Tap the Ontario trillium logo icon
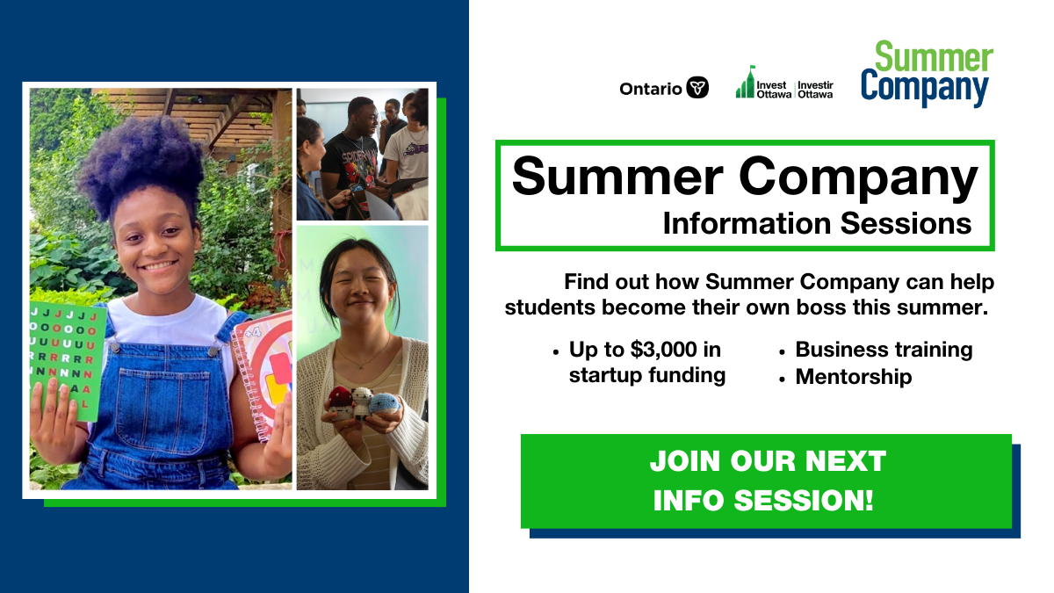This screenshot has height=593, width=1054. (x=697, y=88)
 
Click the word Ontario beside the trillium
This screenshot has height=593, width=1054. (x=650, y=89)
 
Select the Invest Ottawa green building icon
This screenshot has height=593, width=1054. (x=746, y=83)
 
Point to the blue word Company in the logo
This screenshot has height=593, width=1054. (x=925, y=88)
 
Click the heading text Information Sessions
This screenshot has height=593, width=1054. (x=817, y=223)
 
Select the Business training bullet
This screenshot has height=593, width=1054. (x=884, y=350)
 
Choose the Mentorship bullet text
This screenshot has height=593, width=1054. (x=854, y=377)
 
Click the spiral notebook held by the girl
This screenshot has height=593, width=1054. (x=263, y=369)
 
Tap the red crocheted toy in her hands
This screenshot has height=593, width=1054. (x=340, y=400)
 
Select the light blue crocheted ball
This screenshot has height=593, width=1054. (x=384, y=403)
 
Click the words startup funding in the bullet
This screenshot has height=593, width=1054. (x=647, y=376)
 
